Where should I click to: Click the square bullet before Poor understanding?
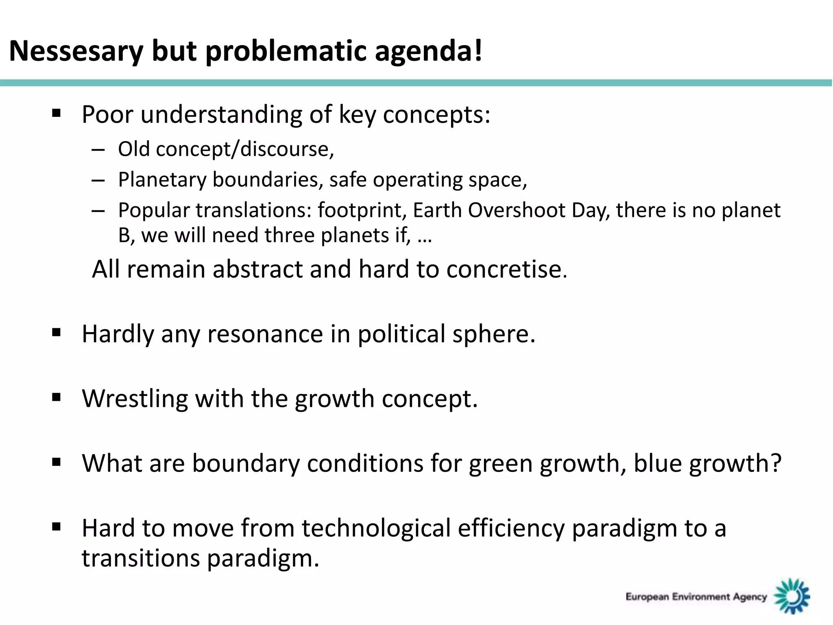(x=57, y=113)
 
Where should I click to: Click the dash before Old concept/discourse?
(x=98, y=150)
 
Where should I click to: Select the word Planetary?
(x=162, y=179)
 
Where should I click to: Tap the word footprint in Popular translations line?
(x=362, y=210)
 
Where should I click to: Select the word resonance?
(x=265, y=334)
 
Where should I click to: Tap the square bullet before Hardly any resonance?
(x=57, y=332)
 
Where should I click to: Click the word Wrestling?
(x=135, y=398)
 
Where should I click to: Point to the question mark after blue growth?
(x=776, y=463)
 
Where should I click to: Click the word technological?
(x=376, y=528)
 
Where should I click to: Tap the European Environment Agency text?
(x=696, y=597)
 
